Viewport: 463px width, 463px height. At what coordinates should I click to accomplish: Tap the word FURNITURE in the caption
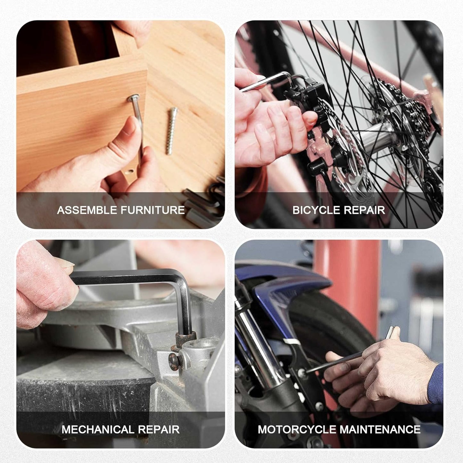pos(153,210)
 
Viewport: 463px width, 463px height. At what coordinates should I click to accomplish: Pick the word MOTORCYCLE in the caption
pos(296,429)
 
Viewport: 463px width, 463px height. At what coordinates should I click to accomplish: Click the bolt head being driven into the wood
pos(133,97)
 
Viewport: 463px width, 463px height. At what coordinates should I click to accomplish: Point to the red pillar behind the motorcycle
pos(348,288)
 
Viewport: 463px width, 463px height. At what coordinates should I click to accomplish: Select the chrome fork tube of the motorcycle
pos(260,346)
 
